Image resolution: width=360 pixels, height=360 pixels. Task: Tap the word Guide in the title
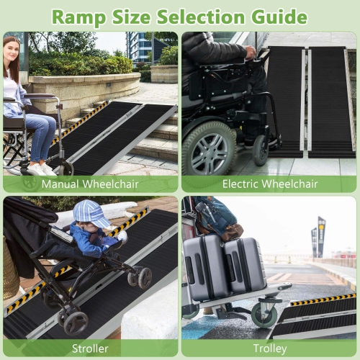(274, 15)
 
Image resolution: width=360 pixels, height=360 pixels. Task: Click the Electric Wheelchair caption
(270, 184)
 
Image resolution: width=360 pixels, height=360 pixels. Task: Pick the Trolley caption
(270, 349)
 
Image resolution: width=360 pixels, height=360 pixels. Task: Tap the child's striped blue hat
(91, 214)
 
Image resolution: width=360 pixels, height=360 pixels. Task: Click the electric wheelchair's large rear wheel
(208, 148)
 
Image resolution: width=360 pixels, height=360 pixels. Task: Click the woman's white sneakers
(40, 169)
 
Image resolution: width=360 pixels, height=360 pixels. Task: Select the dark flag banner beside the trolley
(321, 235)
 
